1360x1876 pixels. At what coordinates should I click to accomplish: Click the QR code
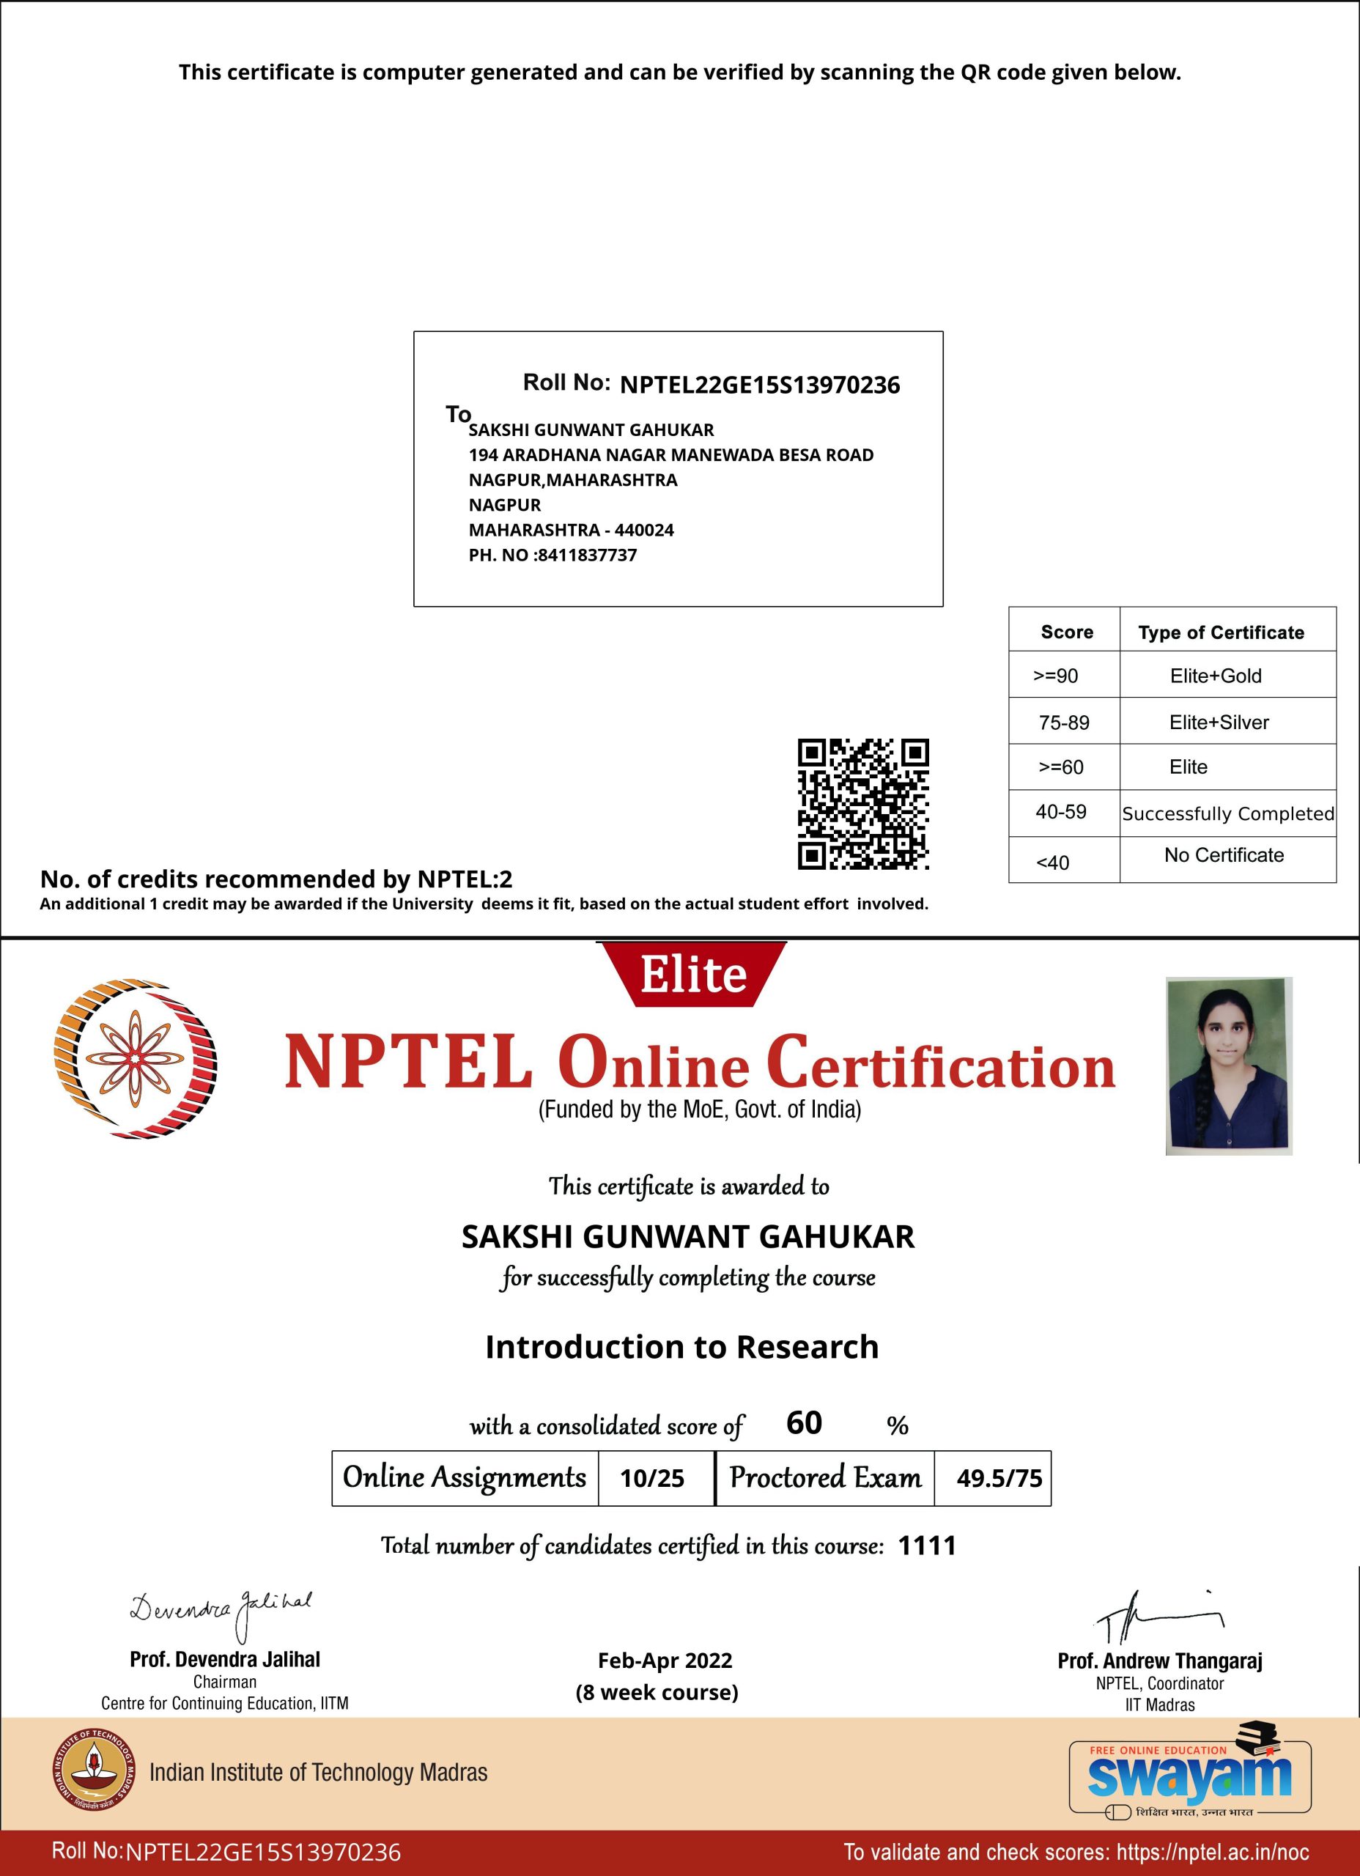coord(862,804)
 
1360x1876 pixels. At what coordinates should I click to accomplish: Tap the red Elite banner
coord(692,975)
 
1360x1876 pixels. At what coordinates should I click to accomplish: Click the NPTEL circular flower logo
coord(135,1059)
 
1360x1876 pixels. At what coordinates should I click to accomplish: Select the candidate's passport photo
coord(1228,1066)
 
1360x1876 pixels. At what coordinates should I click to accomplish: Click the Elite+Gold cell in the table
coord(1215,676)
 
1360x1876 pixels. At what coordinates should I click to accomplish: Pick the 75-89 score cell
coord(1064,722)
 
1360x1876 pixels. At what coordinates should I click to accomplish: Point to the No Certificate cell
coord(1224,855)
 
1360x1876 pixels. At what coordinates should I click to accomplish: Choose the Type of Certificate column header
coord(1221,632)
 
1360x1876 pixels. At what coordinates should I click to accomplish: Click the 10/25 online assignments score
coord(652,1478)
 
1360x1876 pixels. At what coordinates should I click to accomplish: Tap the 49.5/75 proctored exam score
coord(999,1478)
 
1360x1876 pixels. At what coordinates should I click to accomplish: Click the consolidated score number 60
coord(803,1422)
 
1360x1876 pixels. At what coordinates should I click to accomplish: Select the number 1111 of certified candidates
coord(926,1546)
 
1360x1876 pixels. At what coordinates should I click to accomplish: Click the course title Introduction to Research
coord(681,1347)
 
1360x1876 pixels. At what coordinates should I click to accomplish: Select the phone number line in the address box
coord(552,555)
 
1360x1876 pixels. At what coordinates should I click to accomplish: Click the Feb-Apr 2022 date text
coord(665,1661)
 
